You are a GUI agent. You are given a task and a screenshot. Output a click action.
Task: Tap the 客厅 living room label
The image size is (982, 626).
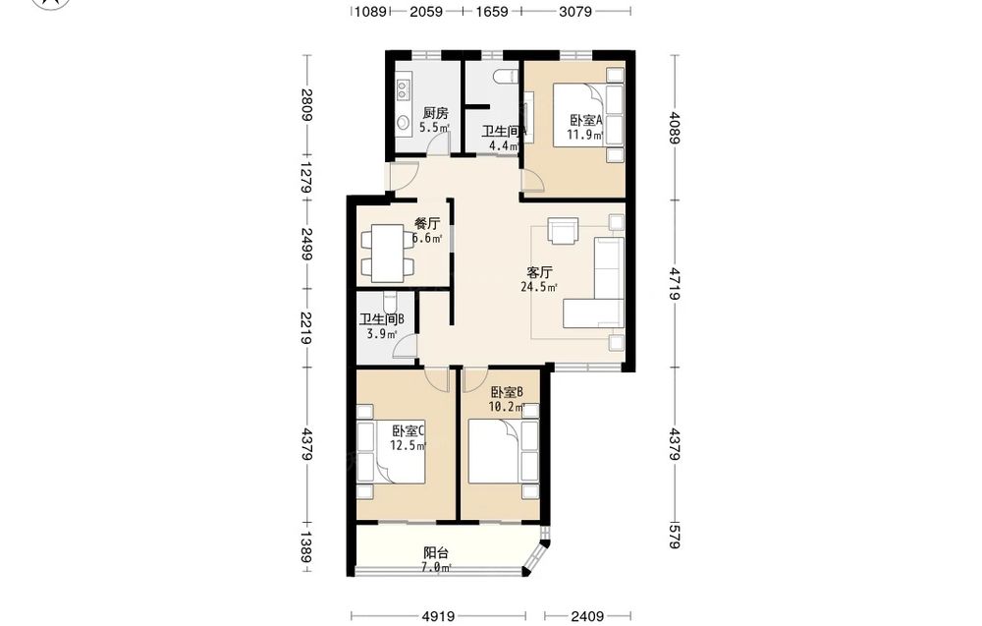pos(539,272)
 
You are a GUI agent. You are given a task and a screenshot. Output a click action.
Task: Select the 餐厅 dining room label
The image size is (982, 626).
pos(427,224)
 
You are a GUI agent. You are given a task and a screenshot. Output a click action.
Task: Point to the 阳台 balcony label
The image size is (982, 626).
pos(436,552)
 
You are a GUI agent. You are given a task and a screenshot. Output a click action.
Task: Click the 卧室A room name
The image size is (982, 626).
pos(585,120)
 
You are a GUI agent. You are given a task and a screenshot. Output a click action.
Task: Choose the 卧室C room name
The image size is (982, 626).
pos(409,431)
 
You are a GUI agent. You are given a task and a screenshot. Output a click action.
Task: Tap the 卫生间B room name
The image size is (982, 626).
pos(381,319)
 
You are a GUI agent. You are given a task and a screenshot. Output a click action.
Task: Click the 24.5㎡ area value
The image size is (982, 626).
pos(539,288)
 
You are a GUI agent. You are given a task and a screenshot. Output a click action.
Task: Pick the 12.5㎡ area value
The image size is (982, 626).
pos(409,446)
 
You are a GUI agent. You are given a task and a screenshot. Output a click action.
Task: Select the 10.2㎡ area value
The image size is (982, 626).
pos(507,407)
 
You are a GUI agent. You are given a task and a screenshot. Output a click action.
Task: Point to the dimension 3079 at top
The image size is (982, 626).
pos(574,11)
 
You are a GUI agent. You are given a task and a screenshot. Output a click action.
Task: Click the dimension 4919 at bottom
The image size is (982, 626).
pos(438,616)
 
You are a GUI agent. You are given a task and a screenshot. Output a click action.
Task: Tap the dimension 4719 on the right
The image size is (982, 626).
pos(674,283)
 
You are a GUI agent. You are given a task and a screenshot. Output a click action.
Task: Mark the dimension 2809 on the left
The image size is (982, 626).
pos(306,104)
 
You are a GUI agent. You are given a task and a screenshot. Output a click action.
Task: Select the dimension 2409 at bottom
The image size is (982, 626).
pos(587,616)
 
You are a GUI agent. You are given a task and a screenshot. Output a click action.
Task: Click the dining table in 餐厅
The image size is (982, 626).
pos(387,254)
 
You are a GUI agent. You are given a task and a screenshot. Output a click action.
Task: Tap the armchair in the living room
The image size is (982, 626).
pos(563,229)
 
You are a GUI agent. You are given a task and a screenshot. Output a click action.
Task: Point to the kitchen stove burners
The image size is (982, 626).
pos(404,87)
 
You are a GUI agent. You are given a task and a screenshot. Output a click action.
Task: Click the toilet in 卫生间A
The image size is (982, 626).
pos(506,77)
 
